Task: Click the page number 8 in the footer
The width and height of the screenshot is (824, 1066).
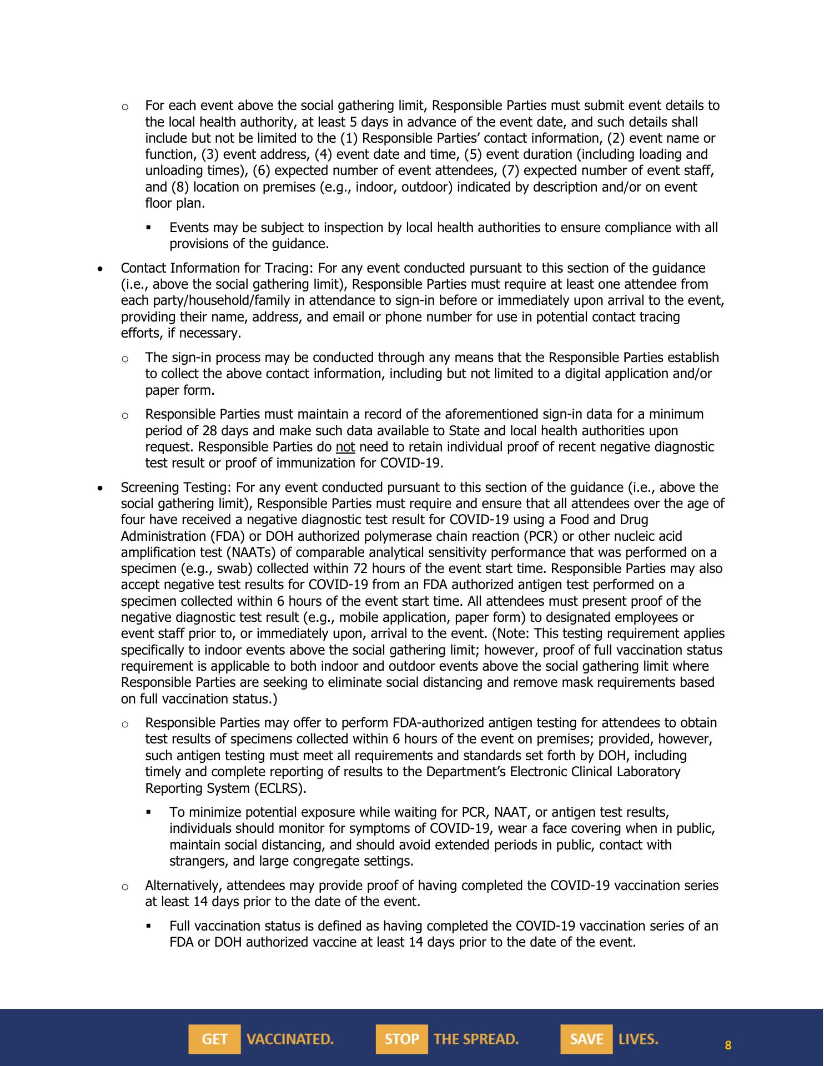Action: point(728,1045)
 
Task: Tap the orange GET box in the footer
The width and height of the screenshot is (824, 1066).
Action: point(214,1039)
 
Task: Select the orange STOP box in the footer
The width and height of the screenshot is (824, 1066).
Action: point(401,1039)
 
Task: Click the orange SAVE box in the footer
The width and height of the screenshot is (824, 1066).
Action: point(586,1039)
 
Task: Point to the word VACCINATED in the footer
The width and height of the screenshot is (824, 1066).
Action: point(290,1039)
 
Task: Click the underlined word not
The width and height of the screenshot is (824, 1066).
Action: point(345,447)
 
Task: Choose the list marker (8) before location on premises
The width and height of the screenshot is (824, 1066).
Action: point(180,187)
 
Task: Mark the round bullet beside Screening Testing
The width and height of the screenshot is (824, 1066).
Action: point(100,489)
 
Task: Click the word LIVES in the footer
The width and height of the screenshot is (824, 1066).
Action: point(638,1039)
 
